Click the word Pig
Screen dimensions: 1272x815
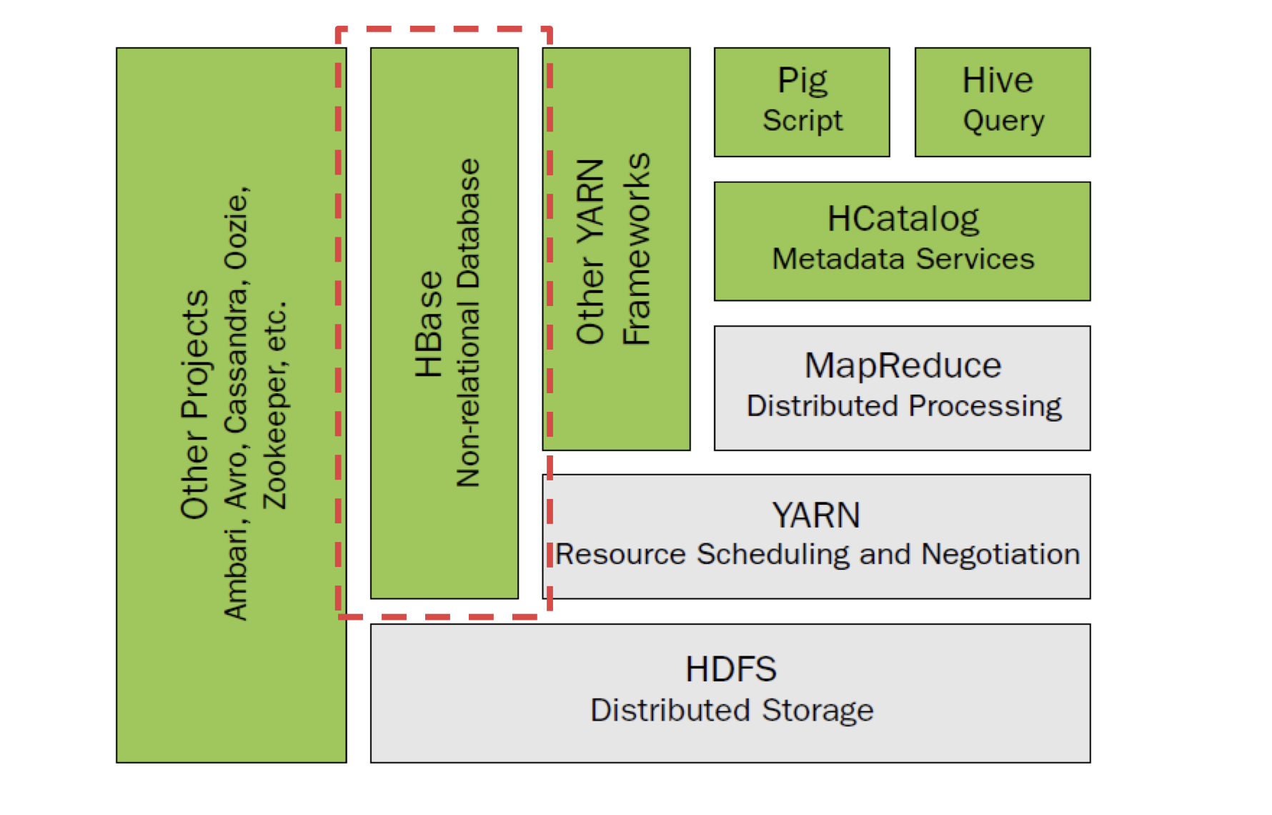point(803,81)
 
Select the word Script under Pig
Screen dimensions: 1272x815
point(803,121)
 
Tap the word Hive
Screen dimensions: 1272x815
point(998,79)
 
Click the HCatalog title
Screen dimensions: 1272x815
point(903,219)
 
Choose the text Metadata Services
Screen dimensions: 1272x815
point(903,259)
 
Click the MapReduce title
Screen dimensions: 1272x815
point(903,365)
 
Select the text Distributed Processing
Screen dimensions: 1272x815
point(904,406)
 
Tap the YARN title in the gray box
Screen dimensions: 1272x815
point(816,515)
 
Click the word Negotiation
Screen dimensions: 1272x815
point(1000,555)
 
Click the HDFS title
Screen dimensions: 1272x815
point(731,670)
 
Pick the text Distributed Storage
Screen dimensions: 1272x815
point(732,711)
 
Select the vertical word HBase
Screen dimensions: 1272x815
point(429,325)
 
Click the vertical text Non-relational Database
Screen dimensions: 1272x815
point(469,323)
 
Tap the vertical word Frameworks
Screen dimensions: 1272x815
point(636,250)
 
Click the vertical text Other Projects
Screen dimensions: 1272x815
point(194,405)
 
